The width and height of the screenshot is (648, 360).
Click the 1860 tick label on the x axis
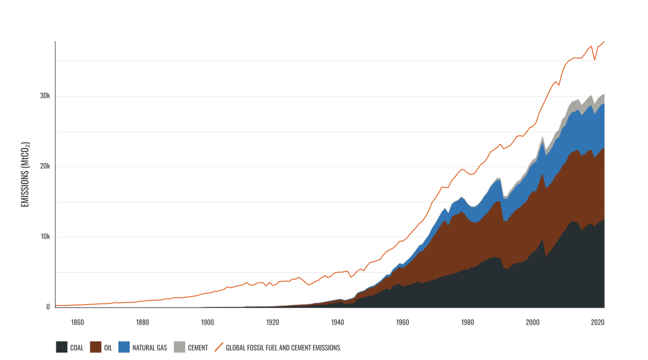point(77,322)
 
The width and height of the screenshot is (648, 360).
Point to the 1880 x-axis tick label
point(142,322)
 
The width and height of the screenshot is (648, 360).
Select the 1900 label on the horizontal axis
point(208,322)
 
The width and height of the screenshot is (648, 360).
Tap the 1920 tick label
point(273,322)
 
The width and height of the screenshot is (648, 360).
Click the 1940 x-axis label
point(337,322)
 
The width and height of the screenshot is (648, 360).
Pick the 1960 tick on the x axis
point(402,322)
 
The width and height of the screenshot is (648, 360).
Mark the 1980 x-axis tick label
point(468,322)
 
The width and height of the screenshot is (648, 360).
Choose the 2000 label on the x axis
point(533,322)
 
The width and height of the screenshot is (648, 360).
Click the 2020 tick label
point(597,322)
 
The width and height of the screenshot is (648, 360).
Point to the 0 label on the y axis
point(48,307)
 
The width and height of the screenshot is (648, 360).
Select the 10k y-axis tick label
point(44,237)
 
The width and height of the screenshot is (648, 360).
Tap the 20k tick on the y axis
point(44,166)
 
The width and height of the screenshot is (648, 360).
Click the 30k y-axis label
point(44,96)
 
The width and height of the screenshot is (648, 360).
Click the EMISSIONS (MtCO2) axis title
point(26,174)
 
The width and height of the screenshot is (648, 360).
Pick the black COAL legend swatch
point(62,347)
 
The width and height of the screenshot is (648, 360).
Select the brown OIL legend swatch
point(96,347)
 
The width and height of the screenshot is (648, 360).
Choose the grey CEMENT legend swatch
point(179,347)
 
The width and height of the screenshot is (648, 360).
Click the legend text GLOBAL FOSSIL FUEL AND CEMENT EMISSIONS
point(283,347)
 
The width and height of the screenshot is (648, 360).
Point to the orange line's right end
point(604,42)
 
